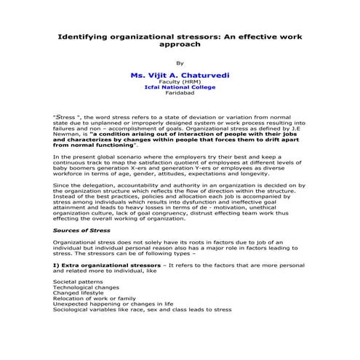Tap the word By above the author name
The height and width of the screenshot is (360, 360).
(180, 63)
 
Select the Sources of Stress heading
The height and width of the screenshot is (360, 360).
(82, 230)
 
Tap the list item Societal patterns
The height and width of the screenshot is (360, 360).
(78, 281)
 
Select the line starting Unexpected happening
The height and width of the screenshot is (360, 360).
(113, 304)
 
